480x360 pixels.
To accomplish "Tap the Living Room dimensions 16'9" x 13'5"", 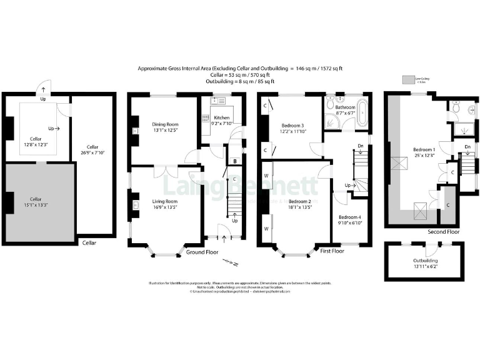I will (165, 207).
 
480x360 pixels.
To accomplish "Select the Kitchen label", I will (222, 117).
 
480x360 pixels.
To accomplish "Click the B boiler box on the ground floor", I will (234, 161).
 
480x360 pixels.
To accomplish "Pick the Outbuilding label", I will (425, 261).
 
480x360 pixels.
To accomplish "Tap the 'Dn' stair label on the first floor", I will (360, 146).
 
